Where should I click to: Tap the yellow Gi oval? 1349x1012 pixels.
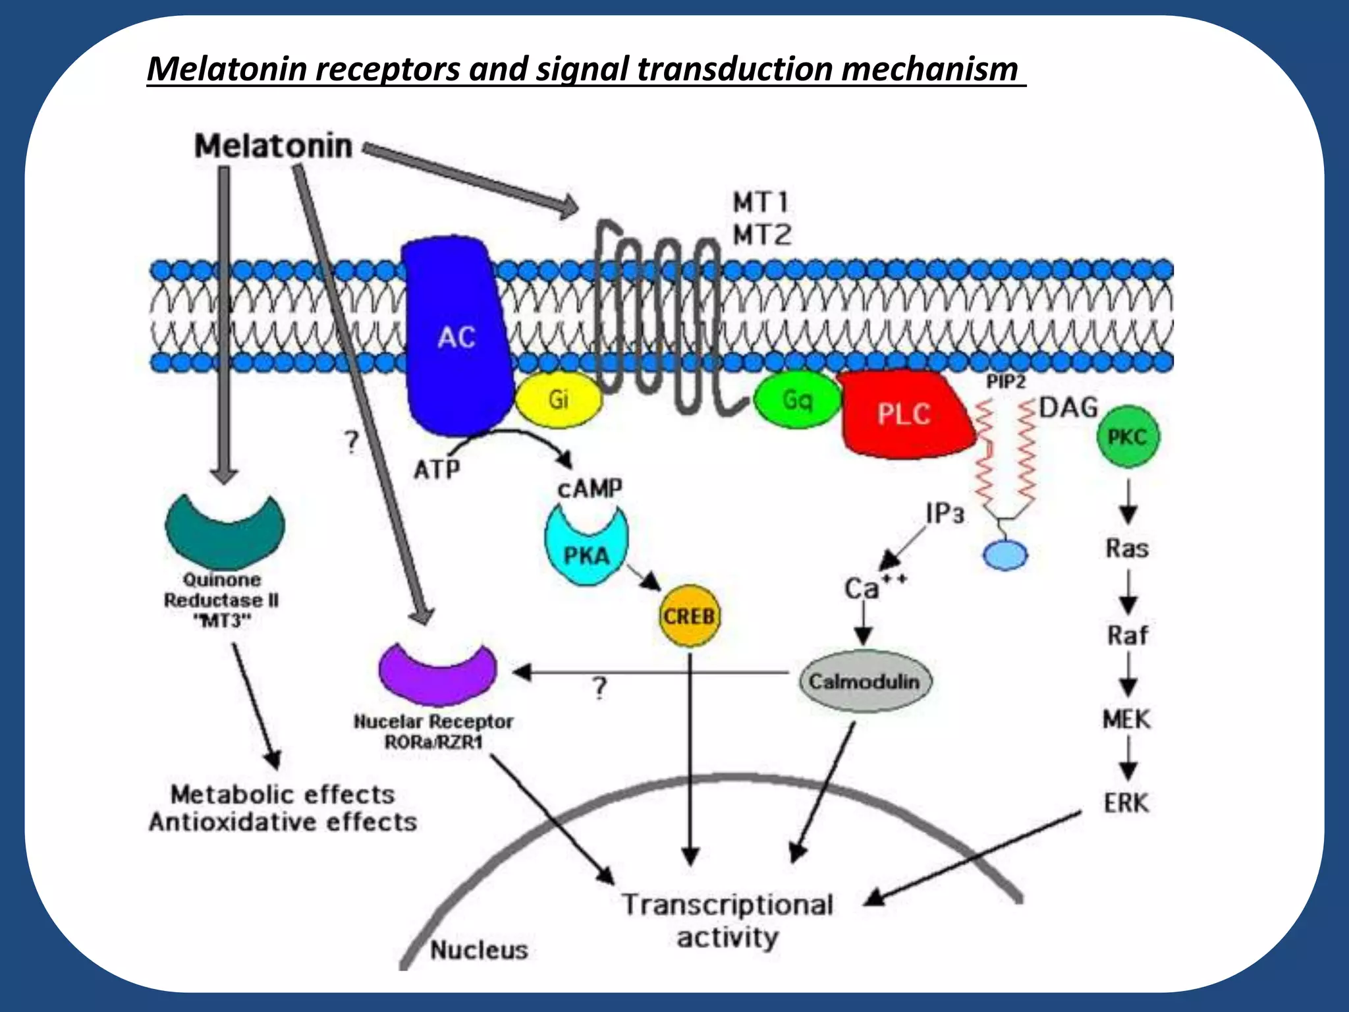tap(558, 399)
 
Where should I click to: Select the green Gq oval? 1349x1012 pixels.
tap(796, 400)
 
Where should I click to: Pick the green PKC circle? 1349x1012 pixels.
tap(1127, 437)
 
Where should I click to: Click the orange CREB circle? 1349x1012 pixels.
tap(689, 617)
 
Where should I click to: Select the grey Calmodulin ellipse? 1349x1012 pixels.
tap(864, 681)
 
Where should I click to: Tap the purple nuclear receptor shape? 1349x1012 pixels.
tap(437, 675)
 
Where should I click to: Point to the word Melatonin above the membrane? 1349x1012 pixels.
tap(273, 146)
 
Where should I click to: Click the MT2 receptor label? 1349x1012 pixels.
tap(761, 235)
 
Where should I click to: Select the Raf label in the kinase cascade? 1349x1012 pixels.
tap(1127, 635)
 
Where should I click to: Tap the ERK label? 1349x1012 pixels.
tap(1126, 803)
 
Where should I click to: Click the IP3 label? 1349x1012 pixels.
tap(944, 513)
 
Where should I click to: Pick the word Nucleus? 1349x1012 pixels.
tap(479, 950)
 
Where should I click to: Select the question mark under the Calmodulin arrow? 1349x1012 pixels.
tap(599, 689)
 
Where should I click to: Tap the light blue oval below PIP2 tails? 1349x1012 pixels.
tap(1005, 555)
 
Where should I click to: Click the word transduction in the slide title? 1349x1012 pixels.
tap(735, 69)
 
